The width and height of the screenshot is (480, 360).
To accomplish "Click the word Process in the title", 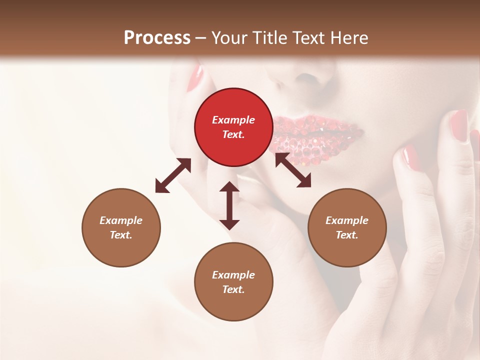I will [157, 38].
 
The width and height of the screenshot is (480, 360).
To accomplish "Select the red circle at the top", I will [233, 127].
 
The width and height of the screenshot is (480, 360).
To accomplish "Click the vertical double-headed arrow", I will [229, 205].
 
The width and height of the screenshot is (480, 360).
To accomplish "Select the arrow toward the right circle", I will [293, 170].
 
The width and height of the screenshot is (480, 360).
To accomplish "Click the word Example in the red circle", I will [233, 120].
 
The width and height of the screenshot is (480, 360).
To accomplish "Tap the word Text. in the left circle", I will [121, 235].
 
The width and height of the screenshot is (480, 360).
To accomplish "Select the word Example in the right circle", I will [347, 220].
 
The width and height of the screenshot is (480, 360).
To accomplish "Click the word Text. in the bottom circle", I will [233, 289].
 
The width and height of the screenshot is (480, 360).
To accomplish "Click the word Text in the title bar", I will [307, 38].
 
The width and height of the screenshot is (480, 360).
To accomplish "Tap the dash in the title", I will [200, 38].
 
